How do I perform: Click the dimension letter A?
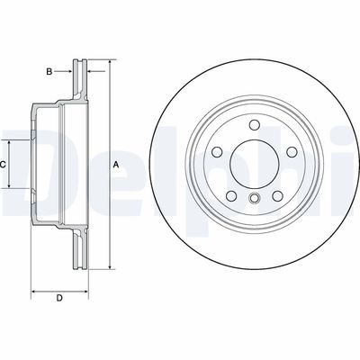[x=116, y=166]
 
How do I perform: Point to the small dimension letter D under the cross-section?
[x=59, y=299]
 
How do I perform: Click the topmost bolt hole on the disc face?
[x=254, y=124]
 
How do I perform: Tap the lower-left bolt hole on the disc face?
[x=230, y=195]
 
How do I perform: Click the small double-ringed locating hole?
[x=255, y=200]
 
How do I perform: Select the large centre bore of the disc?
[x=254, y=163]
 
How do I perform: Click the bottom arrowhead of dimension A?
[x=110, y=267]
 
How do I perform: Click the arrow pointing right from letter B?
[x=69, y=70]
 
